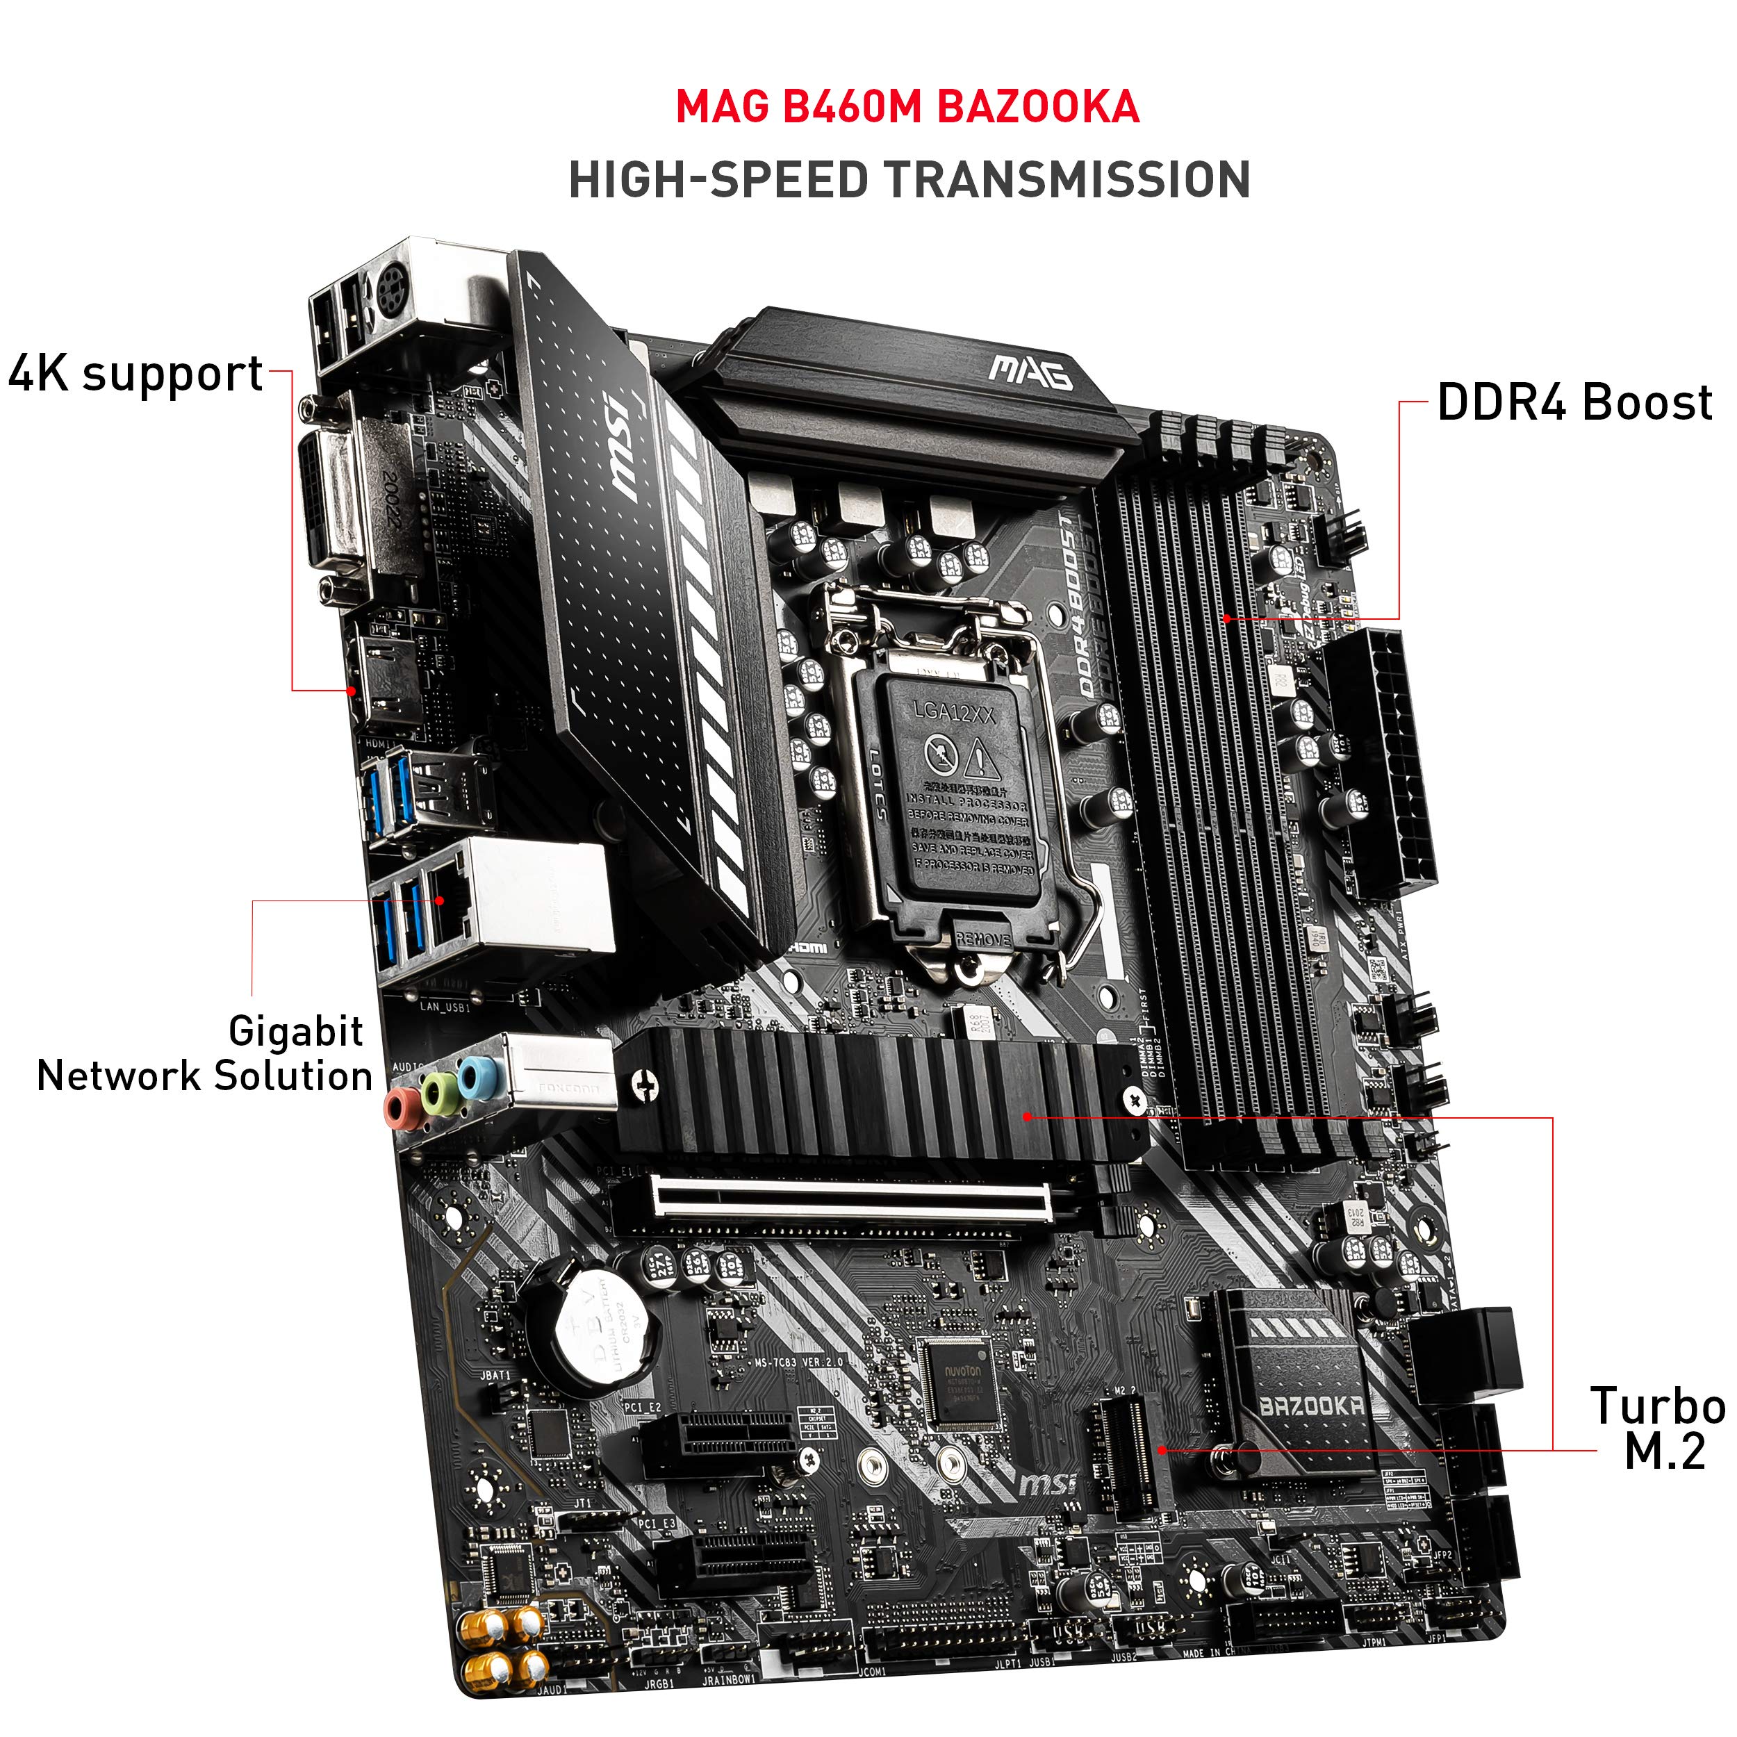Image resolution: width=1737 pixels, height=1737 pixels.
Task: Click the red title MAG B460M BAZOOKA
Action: [x=907, y=107]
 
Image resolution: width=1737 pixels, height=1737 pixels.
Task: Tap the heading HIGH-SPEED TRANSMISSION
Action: [x=909, y=180]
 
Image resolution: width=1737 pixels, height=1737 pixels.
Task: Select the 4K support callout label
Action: [x=135, y=373]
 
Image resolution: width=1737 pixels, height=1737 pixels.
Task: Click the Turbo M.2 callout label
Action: [x=1657, y=1429]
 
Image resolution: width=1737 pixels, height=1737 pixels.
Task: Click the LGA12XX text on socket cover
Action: [x=954, y=712]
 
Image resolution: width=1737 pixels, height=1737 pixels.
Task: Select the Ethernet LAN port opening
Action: [x=446, y=899]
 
